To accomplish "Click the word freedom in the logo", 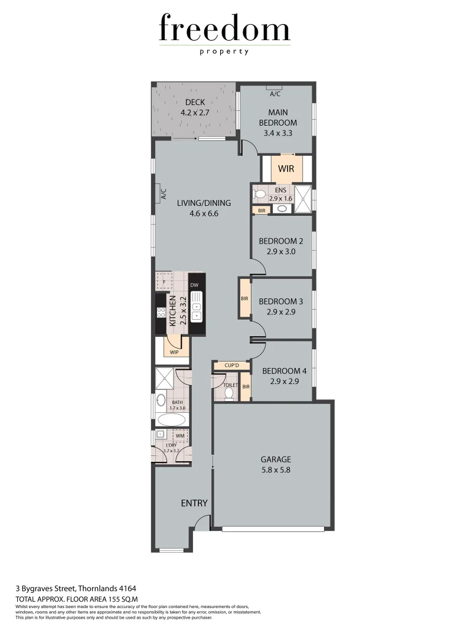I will [x=224, y=29].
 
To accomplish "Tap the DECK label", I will [x=195, y=103].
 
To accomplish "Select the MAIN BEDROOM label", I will [x=277, y=117].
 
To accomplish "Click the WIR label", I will [x=286, y=168].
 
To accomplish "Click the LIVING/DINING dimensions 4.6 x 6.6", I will [x=204, y=214].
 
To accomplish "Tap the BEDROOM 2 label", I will [x=280, y=241].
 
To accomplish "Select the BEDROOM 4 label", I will [x=284, y=371].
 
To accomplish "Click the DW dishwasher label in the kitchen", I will [x=194, y=285].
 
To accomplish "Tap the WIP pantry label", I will [x=174, y=352].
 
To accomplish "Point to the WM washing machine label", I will [x=179, y=435].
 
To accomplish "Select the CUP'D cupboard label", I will [x=231, y=366].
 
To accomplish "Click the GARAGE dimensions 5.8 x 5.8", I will [x=276, y=470].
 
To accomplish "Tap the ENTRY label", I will [x=194, y=503].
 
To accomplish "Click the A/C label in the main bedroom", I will [x=274, y=94].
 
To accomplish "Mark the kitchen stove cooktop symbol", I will [x=161, y=313].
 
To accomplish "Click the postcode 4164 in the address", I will [x=128, y=588].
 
